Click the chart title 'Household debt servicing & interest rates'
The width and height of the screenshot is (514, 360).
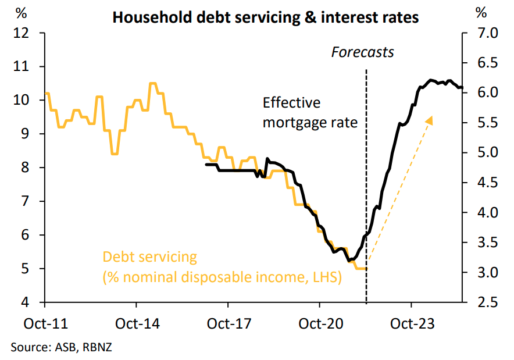coord(265,17)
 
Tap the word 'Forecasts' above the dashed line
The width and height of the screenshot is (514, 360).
coord(362,52)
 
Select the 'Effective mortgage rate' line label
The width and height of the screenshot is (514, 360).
coord(309,113)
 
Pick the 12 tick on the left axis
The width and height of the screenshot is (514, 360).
coord(21,33)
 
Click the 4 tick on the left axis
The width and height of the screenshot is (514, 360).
coord(26,302)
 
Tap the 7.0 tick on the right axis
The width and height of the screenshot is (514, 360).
coord(484,33)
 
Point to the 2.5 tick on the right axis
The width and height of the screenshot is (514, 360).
coord(484,302)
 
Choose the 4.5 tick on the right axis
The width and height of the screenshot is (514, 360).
coord(484,183)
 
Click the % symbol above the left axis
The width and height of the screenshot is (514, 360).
coord(22,12)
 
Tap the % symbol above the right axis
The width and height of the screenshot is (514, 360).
coord(480,12)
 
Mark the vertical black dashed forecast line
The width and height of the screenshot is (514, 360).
coord(366,174)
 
